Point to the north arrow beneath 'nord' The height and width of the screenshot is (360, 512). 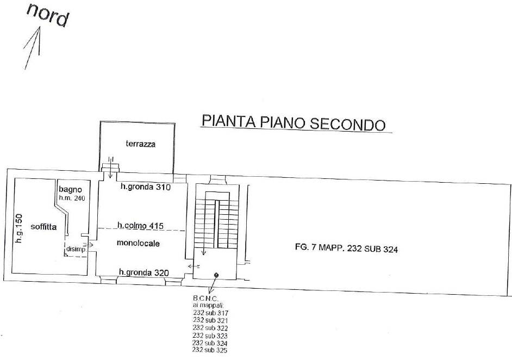[33, 48]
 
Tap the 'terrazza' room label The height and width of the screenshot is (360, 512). [140, 144]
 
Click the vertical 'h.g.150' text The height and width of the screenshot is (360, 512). [18, 228]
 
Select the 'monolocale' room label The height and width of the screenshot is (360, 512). [138, 244]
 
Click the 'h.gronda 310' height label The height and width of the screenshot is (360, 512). [145, 187]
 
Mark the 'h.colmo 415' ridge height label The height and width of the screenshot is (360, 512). [141, 225]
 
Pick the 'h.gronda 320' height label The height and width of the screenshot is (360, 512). [144, 273]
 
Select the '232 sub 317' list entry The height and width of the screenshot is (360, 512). [210, 313]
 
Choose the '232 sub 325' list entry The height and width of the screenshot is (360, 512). [210, 350]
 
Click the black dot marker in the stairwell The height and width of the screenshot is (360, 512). [216, 275]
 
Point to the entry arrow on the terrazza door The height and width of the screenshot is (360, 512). [111, 170]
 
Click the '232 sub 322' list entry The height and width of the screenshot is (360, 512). [210, 328]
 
